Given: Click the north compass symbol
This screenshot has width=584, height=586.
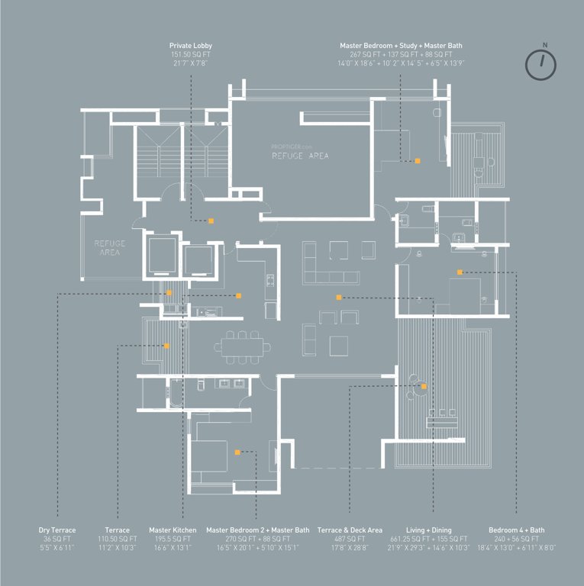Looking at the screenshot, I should (x=541, y=64).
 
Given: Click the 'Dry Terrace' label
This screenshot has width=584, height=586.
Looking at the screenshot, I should (x=57, y=530).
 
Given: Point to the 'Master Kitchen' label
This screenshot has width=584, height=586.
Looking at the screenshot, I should (x=173, y=530).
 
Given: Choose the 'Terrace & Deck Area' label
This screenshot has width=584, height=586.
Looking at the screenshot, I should (x=350, y=530).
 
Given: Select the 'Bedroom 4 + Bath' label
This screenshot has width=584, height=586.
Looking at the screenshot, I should (x=516, y=530).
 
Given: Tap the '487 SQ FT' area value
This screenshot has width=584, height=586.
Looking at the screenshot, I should (x=350, y=539).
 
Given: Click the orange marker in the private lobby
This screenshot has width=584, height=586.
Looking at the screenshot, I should (x=211, y=221).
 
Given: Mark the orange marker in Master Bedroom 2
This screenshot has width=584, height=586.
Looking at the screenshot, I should (x=238, y=452).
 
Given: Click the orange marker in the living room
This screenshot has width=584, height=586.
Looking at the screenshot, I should (x=338, y=297).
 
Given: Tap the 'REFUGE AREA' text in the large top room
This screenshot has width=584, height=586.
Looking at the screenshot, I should (x=300, y=155).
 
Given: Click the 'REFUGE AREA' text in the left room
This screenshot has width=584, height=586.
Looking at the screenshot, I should (x=110, y=247).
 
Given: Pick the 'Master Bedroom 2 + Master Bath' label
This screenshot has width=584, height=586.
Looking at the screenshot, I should (x=258, y=530).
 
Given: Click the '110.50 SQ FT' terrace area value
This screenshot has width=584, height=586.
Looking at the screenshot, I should (x=117, y=539).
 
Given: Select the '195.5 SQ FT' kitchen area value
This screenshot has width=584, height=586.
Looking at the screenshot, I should (x=173, y=539).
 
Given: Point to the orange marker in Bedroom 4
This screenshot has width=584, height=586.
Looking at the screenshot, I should (x=460, y=272).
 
